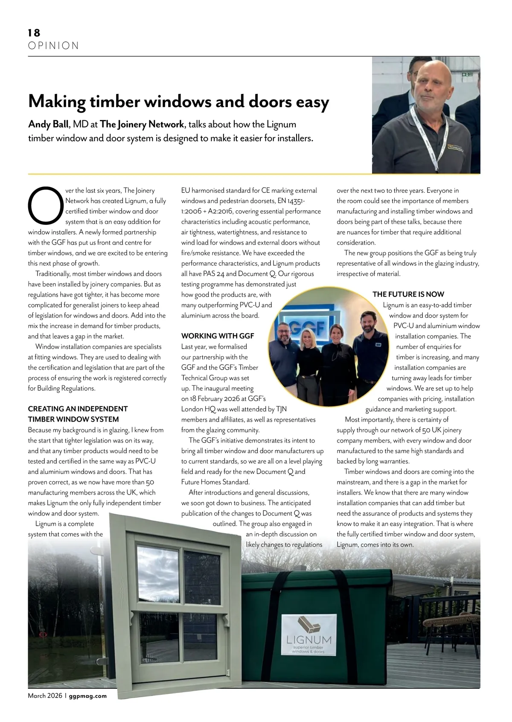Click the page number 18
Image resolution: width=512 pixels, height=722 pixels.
[34, 33]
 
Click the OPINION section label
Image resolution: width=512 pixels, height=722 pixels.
[53, 46]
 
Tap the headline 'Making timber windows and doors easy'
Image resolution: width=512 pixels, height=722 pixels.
[178, 102]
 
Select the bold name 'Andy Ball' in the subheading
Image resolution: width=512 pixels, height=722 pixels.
[48, 125]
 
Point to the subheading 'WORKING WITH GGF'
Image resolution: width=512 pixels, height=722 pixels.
[217, 336]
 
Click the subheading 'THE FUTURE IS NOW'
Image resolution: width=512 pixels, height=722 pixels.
[408, 294]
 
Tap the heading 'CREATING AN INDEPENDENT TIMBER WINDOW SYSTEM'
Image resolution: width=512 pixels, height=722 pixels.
[78, 414]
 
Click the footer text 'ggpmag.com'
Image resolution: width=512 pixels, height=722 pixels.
[87, 696]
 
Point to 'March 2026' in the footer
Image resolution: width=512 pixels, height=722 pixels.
[45, 696]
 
